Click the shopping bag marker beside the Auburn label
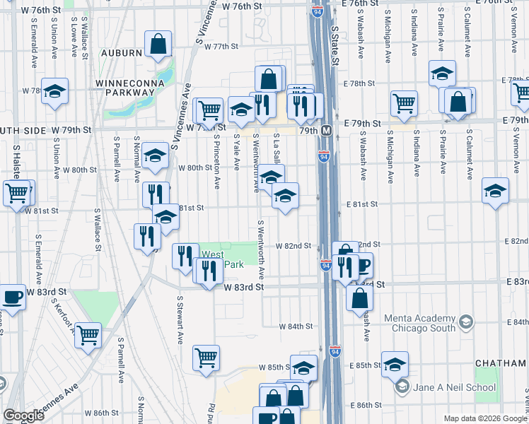(158, 44)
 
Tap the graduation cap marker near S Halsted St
(54, 91)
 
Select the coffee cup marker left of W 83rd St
(12, 297)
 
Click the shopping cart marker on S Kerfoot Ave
(88, 335)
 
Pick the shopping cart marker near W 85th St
(206, 358)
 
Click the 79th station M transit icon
(327, 131)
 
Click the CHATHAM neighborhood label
(501, 363)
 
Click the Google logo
(23, 416)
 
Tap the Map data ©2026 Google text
(485, 418)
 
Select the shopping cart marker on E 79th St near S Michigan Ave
(404, 103)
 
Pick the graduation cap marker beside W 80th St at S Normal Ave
(155, 156)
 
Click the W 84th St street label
(296, 326)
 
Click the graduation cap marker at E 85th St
(395, 364)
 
